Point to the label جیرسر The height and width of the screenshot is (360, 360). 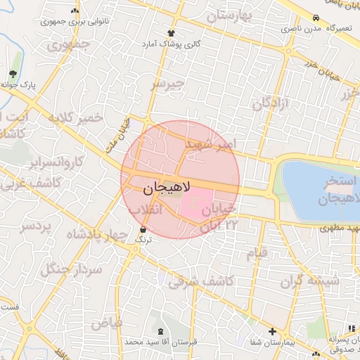click(167, 84)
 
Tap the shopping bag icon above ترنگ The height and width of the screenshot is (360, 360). click(143, 229)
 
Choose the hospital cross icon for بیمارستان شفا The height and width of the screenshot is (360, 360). click(272, 331)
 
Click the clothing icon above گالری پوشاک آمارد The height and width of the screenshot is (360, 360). click(171, 33)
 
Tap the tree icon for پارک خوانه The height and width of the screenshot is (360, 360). click(13, 74)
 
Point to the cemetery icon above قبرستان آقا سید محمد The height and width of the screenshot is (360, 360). click(163, 330)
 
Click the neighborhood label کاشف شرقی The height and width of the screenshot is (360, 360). click(209, 281)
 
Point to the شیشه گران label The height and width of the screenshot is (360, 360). click(309, 281)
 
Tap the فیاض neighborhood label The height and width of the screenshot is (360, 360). click(106, 323)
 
